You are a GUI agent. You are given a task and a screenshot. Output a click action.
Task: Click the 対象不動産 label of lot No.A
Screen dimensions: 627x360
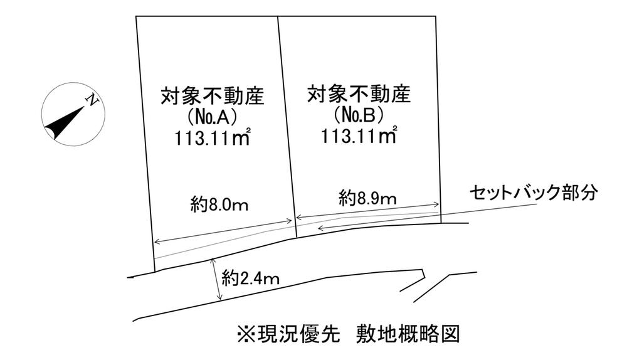[x=212, y=97]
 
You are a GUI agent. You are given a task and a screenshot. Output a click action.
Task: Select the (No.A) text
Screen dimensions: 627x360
[x=211, y=117]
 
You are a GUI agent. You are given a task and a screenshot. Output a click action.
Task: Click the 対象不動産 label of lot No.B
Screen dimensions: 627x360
[x=359, y=95]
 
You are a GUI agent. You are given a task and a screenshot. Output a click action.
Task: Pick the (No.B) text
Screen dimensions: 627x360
[x=359, y=115]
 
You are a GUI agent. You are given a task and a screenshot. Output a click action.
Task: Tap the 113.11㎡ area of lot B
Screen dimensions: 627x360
[x=359, y=136]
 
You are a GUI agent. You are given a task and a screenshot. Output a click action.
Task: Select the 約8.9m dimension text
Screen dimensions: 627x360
[x=368, y=199]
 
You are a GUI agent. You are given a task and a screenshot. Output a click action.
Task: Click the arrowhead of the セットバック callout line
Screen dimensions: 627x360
[x=320, y=229]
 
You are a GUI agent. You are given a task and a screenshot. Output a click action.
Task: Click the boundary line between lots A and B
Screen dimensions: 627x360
[x=286, y=125]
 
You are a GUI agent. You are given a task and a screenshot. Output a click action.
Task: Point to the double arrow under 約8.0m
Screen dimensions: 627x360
[x=223, y=230]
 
